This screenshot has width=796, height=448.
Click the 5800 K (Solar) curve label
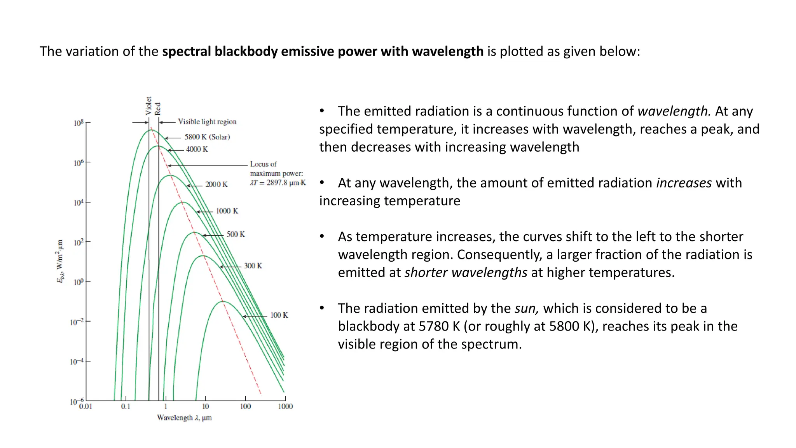coord(207,137)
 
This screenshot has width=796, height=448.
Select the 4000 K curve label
coord(197,149)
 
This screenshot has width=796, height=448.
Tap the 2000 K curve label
coord(216,184)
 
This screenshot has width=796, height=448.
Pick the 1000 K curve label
coord(227,211)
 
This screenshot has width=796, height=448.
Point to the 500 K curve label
coord(236,234)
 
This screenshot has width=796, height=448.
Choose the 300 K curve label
coord(253,266)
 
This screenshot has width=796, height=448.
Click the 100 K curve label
coord(279,315)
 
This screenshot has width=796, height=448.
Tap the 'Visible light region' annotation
coord(207,122)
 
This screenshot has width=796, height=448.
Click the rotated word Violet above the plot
coord(148,106)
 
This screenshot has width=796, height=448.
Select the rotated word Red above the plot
coord(157,108)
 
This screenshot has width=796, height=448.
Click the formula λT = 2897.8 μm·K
coord(278,183)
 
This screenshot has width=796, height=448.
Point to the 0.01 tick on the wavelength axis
coord(86,407)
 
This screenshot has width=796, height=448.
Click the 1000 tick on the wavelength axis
coord(285,407)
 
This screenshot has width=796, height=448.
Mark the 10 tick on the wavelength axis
coord(205,407)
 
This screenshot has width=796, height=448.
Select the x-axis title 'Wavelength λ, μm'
coord(184,418)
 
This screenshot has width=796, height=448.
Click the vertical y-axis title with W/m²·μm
coord(60,261)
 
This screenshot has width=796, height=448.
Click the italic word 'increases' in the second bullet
coord(684,183)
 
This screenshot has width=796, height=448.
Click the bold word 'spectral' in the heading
coord(187,51)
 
